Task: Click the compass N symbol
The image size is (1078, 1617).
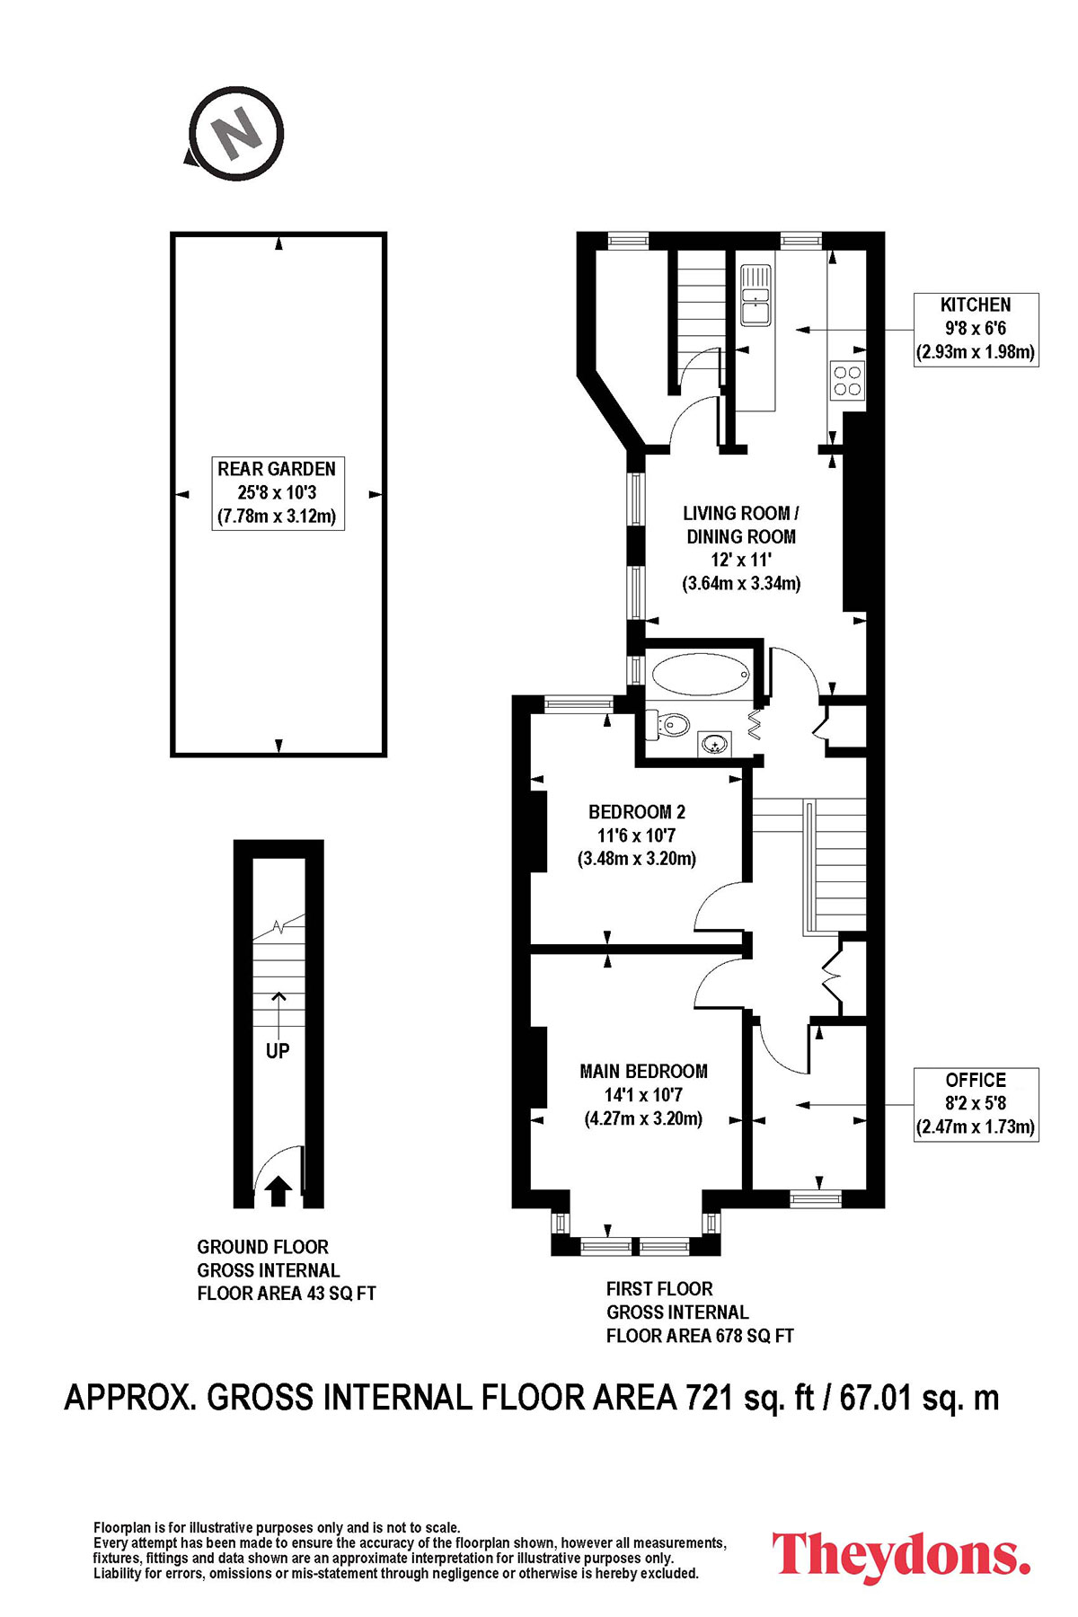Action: point(237,135)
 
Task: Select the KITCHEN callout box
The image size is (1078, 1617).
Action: point(976,329)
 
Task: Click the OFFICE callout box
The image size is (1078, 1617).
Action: point(976,1104)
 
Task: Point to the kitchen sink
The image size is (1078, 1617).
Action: point(755,296)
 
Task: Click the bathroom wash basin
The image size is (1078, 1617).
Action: point(715,744)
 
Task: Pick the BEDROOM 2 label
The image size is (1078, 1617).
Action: point(637,835)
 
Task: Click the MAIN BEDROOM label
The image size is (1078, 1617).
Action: point(643,1094)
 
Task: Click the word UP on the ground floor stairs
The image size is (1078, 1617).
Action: point(278,1050)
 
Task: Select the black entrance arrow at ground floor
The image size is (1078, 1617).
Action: point(278,1190)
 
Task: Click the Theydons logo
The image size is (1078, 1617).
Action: point(900,1555)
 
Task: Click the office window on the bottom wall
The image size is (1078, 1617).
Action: point(816,1197)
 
